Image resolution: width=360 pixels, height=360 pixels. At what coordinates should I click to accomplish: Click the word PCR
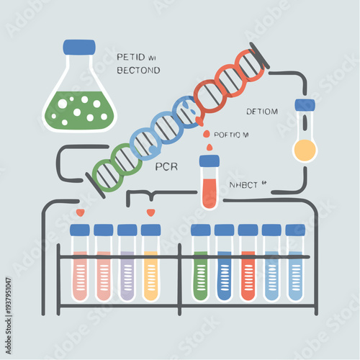166,167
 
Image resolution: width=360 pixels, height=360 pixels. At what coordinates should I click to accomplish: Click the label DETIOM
263,111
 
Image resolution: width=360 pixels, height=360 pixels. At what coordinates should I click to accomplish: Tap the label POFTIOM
232,134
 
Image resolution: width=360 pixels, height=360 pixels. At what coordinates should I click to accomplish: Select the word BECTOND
138,71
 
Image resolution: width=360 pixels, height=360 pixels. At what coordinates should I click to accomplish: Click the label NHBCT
246,184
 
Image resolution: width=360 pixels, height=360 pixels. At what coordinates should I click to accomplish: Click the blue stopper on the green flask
79,48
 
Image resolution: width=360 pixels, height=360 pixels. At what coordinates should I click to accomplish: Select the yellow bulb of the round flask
304,150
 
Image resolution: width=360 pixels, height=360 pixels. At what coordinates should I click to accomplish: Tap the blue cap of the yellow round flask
305,105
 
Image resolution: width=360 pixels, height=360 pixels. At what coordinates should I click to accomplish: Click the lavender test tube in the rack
127,274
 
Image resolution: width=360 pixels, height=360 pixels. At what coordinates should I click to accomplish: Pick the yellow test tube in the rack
150,274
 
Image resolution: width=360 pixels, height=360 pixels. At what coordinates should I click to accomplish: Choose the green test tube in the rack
200,274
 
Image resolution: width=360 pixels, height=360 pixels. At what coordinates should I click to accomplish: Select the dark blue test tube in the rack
225,274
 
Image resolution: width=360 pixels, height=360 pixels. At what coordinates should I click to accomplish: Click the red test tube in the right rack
248,274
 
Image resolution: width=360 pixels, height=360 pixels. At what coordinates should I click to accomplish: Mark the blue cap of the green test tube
200,230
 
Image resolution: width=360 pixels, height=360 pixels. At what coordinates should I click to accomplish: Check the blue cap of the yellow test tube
150,230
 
